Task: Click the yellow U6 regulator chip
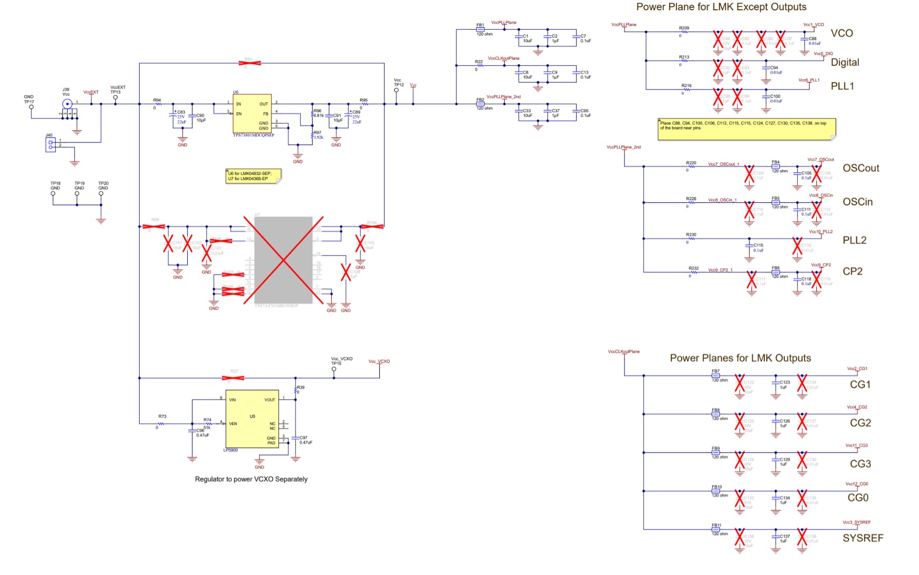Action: click(252, 114)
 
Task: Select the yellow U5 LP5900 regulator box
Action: click(252, 419)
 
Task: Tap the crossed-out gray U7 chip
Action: click(283, 260)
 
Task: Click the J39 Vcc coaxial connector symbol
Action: click(67, 104)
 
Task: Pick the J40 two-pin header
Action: click(50, 145)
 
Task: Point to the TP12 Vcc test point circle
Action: click(396, 91)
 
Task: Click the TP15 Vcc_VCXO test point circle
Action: click(334, 369)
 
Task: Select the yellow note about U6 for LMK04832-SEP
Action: click(253, 176)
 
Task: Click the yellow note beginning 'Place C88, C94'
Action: click(746, 129)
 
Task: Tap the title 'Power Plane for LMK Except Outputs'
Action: click(721, 7)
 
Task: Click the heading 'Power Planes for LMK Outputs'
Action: click(740, 358)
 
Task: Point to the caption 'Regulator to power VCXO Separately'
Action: click(251, 479)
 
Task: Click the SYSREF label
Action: click(862, 538)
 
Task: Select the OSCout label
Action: click(861, 168)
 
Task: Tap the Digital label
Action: click(845, 62)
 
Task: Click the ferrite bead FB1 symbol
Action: click(480, 30)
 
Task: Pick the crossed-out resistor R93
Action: click(249, 63)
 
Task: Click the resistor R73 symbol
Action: click(161, 424)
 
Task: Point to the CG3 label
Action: click(860, 464)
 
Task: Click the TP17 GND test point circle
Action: click(31, 107)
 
